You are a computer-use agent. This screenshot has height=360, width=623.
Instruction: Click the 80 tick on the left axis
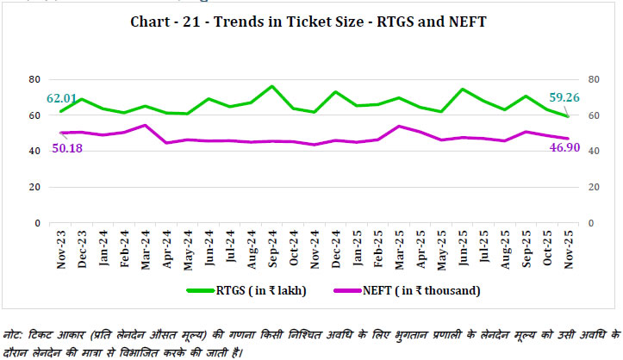[35, 79]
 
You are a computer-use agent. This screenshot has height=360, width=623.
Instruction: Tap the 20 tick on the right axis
[594, 187]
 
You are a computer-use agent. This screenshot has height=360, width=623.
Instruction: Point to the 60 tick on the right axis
[594, 115]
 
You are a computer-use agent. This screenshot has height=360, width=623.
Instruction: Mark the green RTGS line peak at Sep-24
[271, 86]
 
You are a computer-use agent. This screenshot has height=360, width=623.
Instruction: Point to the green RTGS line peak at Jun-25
[462, 89]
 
